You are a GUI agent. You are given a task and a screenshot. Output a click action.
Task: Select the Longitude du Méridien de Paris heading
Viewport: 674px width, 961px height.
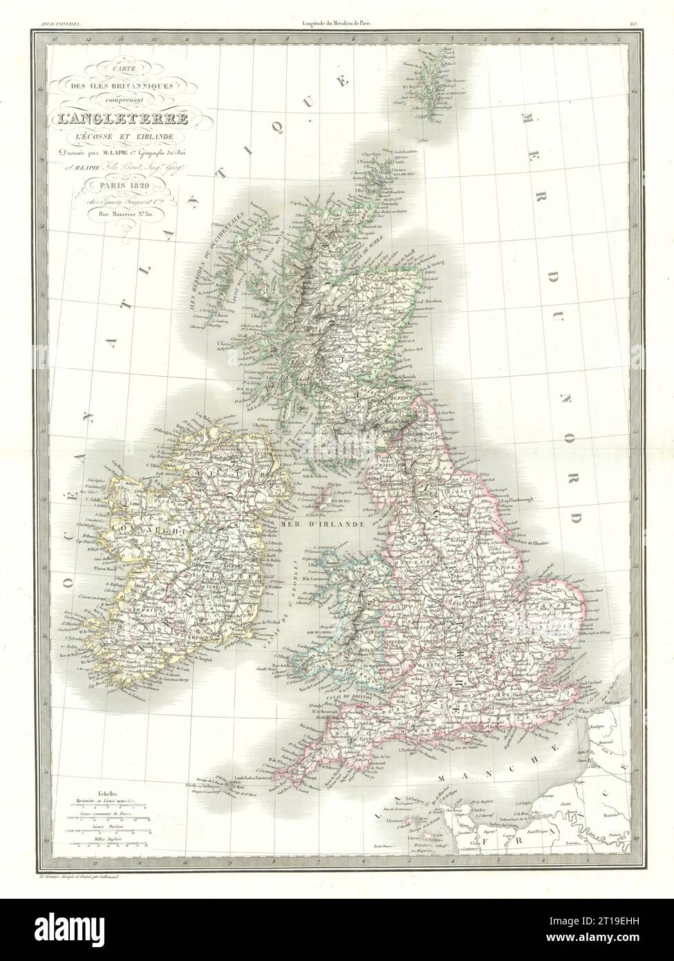[x=337, y=26]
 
